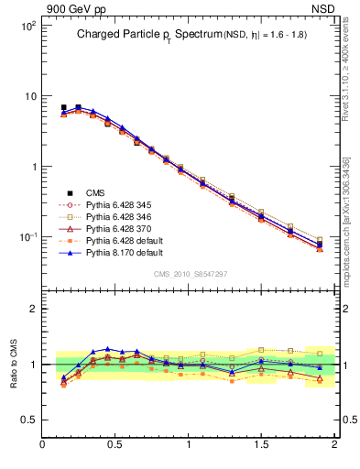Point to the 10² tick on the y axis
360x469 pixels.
27,27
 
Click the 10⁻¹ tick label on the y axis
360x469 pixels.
27,237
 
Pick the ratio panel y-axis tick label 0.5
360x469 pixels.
27,420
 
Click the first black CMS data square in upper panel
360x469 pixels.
63,107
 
